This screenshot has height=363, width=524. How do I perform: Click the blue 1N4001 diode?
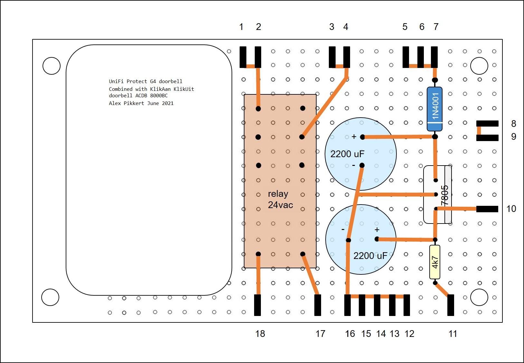click(434, 109)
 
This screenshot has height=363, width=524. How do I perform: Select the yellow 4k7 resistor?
click(434, 262)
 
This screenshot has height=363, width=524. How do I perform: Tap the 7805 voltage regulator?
click(437, 195)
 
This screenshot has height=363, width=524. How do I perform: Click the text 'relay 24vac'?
click(280, 199)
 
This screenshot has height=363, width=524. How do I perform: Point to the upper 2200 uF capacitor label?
click(347, 154)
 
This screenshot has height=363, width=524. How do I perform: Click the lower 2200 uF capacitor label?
click(370, 256)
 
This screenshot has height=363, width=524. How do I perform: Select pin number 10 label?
click(511, 209)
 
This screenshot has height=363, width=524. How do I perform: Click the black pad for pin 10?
click(487, 209)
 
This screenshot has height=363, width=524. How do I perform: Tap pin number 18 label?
click(260, 334)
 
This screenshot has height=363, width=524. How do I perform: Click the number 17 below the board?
click(320, 334)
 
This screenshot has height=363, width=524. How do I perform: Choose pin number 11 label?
click(453, 334)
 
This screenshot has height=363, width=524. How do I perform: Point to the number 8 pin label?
click(514, 123)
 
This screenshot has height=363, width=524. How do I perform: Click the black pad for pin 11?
click(451, 305)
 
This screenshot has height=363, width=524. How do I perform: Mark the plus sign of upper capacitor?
click(354, 137)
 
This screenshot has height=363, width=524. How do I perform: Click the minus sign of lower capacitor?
click(343, 230)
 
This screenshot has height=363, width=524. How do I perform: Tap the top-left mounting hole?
click(52, 66)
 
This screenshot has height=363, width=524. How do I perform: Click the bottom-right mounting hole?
click(479, 297)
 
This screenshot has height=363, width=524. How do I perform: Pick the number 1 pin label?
click(241, 27)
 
